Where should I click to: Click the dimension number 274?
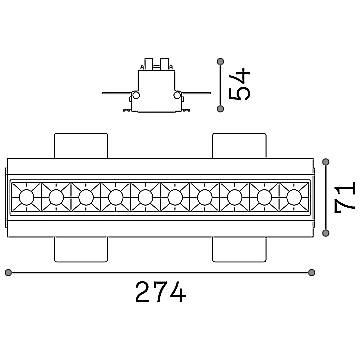pyautogui.click(x=160, y=292)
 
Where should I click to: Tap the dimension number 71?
pyautogui.click(x=345, y=196)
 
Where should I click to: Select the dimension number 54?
pyautogui.click(x=239, y=84)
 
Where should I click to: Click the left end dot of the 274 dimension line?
pyautogui.click(x=9, y=273)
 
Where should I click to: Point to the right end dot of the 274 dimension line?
pyautogui.click(x=312, y=273)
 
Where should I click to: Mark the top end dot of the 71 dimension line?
pyautogui.click(x=326, y=162)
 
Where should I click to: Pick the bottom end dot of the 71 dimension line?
pyautogui.click(x=326, y=233)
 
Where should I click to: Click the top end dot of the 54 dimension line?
pyautogui.click(x=220, y=62)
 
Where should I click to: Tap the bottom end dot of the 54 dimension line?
pyautogui.click(x=220, y=108)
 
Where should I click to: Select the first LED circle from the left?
pyautogui.click(x=26, y=197)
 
